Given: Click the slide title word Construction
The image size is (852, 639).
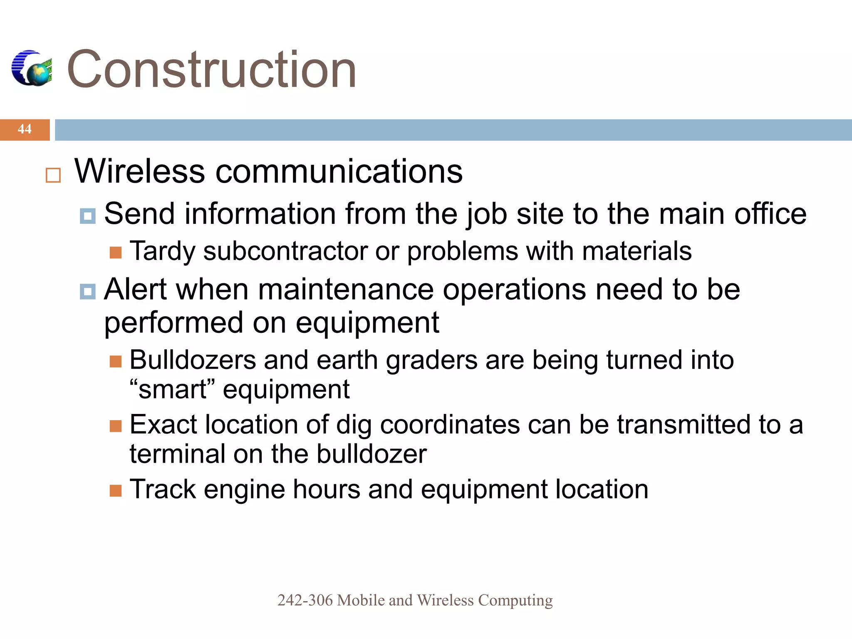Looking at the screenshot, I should pyautogui.click(x=211, y=69).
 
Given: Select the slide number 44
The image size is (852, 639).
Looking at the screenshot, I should pyautogui.click(x=25, y=129).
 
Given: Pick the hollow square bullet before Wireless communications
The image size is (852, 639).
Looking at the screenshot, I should pyautogui.click(x=53, y=175).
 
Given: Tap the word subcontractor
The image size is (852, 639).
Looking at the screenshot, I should pyautogui.click(x=285, y=252).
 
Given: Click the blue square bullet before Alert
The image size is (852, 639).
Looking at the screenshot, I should pyautogui.click(x=88, y=292).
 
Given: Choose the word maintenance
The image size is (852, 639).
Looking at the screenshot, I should pyautogui.click(x=345, y=290).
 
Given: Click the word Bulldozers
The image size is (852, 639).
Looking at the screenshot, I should pyautogui.click(x=192, y=360).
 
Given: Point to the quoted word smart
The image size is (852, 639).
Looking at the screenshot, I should pyautogui.click(x=172, y=390).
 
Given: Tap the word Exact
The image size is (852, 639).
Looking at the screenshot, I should pyautogui.click(x=163, y=425).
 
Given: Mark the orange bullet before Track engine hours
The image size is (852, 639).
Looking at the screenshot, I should pyautogui.click(x=116, y=491).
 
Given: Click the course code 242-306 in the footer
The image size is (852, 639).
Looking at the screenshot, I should pyautogui.click(x=305, y=600).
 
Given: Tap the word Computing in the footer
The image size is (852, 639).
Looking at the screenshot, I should pyautogui.click(x=515, y=600).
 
